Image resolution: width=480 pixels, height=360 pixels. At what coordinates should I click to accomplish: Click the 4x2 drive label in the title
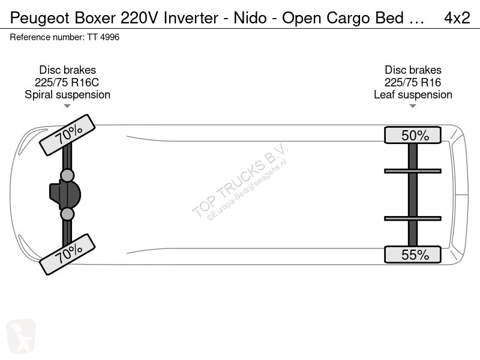pyautogui.click(x=457, y=18)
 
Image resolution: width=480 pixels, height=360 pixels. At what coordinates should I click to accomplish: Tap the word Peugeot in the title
pyautogui.click(x=40, y=19)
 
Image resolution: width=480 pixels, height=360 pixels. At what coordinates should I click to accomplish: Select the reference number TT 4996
pyautogui.click(x=103, y=37)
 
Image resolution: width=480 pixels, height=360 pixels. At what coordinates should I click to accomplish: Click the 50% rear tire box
pyautogui.click(x=413, y=135)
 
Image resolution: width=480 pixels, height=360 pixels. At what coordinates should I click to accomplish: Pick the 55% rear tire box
pyautogui.click(x=413, y=254)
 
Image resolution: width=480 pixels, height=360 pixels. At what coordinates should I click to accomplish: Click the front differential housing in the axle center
pyautogui.click(x=65, y=194)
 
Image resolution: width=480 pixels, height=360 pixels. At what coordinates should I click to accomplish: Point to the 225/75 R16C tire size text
pyautogui.click(x=67, y=82)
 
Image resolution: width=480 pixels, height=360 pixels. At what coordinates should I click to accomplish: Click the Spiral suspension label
pyautogui.click(x=67, y=95)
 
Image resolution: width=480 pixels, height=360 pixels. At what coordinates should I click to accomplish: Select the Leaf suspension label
pyautogui.click(x=413, y=95)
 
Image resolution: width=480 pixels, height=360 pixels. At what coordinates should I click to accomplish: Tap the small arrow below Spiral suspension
pyautogui.click(x=67, y=106)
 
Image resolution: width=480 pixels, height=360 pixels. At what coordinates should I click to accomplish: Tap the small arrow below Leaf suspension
pyautogui.click(x=413, y=106)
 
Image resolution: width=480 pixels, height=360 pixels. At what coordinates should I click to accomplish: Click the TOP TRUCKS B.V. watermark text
pyautogui.click(x=239, y=180)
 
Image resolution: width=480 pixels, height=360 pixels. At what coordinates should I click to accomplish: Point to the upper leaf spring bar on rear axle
pyautogui.click(x=413, y=171)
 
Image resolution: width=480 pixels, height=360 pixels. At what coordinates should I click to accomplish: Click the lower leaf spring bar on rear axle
pyautogui.click(x=413, y=218)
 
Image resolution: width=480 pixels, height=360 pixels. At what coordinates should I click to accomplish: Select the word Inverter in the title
pyautogui.click(x=191, y=18)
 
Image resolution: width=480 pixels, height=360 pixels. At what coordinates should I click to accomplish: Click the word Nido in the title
pyautogui.click(x=250, y=18)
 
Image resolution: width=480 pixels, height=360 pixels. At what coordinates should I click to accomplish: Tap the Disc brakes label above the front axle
pyautogui.click(x=67, y=70)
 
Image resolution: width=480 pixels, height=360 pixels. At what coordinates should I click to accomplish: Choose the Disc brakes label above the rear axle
pyautogui.click(x=413, y=70)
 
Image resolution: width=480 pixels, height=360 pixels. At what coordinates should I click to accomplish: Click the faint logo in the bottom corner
pyautogui.click(x=21, y=336)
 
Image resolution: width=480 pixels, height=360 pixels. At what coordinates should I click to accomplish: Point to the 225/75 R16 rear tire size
pyautogui.click(x=413, y=82)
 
